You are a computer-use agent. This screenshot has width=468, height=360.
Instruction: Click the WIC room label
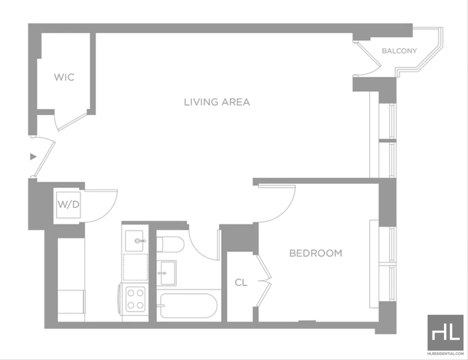64,77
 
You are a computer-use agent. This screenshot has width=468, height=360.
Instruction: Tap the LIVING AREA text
217,102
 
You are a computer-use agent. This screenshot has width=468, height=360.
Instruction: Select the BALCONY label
400,51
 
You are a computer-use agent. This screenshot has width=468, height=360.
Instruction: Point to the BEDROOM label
316,253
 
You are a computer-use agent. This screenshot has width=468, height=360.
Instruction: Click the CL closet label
241,282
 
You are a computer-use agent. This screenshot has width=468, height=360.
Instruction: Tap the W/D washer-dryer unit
68,205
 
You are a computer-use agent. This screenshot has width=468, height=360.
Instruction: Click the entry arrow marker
33,157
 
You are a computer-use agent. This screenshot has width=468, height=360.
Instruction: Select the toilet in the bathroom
170,244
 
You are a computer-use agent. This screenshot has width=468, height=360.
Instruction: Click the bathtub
188,306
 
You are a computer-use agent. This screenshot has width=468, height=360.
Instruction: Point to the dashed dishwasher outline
136,267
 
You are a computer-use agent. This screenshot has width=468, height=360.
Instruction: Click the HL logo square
445,333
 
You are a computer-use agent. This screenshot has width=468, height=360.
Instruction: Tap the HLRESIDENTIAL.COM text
445,354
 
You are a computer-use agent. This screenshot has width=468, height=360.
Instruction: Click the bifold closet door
264,281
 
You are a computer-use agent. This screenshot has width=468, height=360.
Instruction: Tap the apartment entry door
43,157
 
